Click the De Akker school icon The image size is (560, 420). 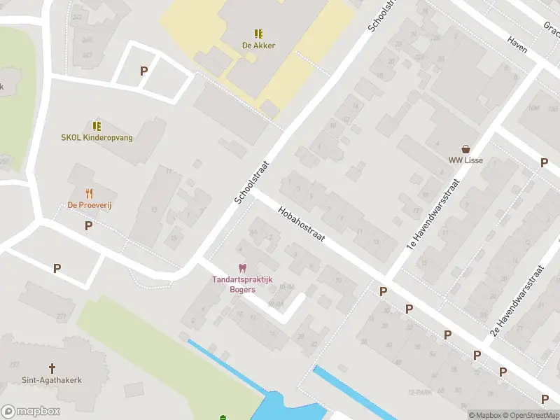[258, 33]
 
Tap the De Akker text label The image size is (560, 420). [258, 45]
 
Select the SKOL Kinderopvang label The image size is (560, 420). [97, 138]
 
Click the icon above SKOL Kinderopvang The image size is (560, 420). [97, 126]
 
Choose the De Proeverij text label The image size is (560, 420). [90, 205]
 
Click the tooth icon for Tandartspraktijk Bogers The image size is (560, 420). [243, 268]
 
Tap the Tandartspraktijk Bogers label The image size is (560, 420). [244, 285]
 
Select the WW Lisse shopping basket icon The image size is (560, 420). [465, 148]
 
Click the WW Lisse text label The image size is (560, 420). [465, 160]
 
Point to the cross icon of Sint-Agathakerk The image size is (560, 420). [51, 367]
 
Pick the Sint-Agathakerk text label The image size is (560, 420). [51, 380]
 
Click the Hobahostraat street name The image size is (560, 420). [302, 224]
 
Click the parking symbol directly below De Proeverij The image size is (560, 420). [89, 225]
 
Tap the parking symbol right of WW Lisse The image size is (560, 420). [544, 162]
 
